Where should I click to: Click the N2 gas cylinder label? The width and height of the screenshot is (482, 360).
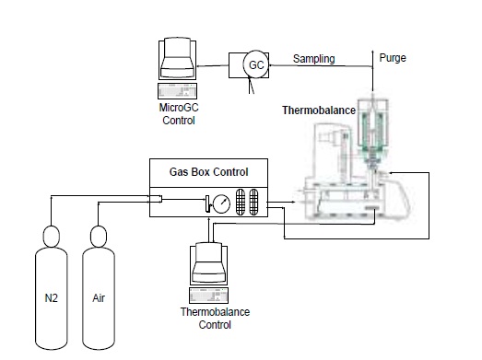(x=51, y=298)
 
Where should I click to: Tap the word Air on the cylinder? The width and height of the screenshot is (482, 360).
(x=99, y=298)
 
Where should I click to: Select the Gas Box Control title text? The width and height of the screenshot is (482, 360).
(x=208, y=172)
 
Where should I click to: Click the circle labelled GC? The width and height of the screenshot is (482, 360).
(x=256, y=65)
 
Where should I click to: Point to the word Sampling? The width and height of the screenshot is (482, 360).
(x=314, y=59)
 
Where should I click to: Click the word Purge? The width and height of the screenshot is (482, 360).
(x=393, y=58)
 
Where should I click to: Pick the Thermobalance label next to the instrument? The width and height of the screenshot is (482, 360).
(x=319, y=110)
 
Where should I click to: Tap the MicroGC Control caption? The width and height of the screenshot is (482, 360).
(x=179, y=114)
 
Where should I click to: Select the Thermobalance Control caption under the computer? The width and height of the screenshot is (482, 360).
(x=215, y=319)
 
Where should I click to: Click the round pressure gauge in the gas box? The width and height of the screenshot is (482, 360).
(x=221, y=203)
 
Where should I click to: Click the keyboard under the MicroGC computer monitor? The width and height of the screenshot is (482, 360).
(x=177, y=91)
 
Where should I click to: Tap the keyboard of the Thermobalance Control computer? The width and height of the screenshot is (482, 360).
(x=208, y=296)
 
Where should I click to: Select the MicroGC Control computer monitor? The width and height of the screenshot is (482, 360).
(x=177, y=59)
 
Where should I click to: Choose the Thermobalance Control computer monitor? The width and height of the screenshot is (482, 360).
(x=209, y=264)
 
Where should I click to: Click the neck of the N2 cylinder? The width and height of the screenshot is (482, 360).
(x=52, y=237)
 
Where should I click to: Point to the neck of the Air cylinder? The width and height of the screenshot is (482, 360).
(x=99, y=237)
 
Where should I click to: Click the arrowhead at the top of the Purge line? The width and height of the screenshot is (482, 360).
(x=373, y=52)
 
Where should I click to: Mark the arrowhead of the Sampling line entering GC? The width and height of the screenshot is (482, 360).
(x=271, y=65)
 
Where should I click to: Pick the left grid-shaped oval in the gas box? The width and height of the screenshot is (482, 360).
(x=241, y=202)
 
